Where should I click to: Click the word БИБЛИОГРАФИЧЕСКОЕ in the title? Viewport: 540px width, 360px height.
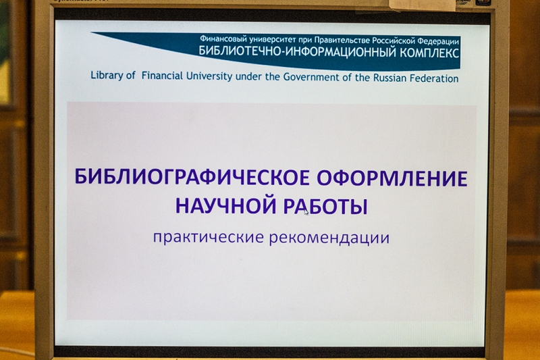(x=192, y=177)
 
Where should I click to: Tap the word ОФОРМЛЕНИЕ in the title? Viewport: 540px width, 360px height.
(x=392, y=178)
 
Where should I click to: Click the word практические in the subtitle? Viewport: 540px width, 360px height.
(x=209, y=237)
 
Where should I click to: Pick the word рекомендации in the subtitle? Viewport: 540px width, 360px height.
(x=329, y=238)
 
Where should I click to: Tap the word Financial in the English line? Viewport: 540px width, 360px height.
(x=162, y=76)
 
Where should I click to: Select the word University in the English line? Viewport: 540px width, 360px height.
(x=209, y=76)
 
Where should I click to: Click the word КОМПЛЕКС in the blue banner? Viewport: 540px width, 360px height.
(x=429, y=53)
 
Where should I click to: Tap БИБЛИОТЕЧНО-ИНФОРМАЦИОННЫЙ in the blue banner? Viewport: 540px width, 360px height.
(x=298, y=52)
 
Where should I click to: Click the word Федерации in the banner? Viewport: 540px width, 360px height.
(x=438, y=41)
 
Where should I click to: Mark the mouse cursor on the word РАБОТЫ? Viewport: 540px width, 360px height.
(x=306, y=212)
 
